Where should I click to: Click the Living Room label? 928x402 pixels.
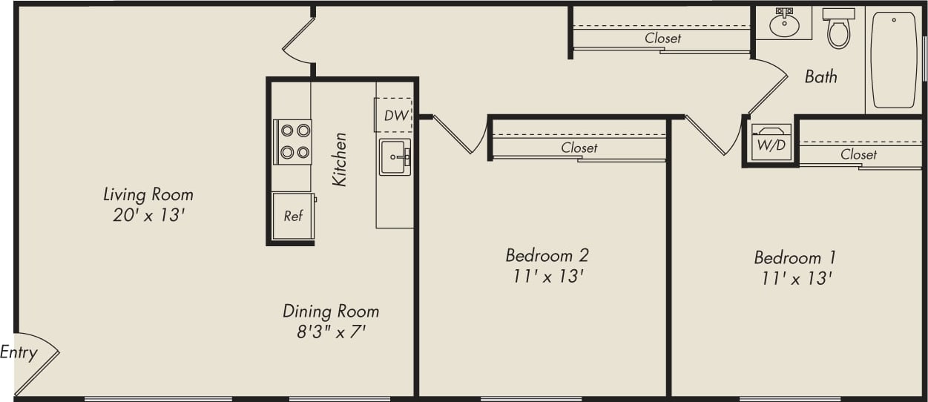tap(148, 194)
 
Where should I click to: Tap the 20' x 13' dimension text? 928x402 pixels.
tap(148, 216)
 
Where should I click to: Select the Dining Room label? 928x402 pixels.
tap(331, 311)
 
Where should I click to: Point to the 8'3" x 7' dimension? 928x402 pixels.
tap(332, 332)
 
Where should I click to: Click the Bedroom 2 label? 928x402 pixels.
tap(547, 255)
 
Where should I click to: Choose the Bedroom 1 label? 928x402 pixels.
tap(794, 257)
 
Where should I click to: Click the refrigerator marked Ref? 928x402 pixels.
tap(293, 216)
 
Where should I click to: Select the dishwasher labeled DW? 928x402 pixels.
tap(393, 115)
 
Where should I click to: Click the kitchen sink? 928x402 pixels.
tap(395, 156)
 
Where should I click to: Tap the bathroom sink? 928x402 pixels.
tap(784, 24)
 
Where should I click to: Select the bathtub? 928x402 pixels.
tap(894, 59)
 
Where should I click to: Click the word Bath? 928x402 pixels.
tap(820, 76)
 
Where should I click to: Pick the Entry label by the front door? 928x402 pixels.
tap(19, 352)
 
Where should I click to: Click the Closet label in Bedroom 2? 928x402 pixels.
tap(579, 148)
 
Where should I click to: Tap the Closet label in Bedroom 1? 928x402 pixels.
tap(858, 154)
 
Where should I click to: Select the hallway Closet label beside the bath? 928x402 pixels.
tap(662, 38)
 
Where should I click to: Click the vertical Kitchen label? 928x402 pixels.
tap(340, 159)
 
